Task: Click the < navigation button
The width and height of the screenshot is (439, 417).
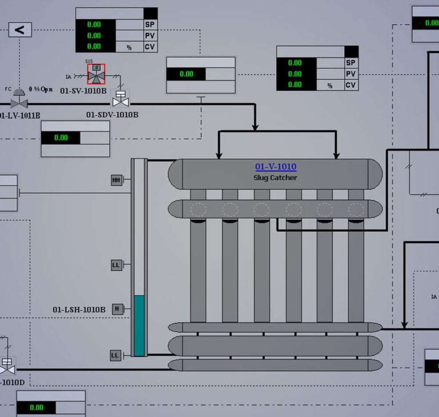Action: click(20, 30)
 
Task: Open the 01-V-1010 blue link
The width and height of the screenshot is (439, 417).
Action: click(276, 167)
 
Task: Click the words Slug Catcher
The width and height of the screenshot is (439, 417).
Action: click(276, 178)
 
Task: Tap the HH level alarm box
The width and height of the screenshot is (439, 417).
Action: click(117, 181)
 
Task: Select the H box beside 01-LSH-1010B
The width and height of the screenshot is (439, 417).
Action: click(117, 308)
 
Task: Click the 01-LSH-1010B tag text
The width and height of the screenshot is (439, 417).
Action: click(79, 310)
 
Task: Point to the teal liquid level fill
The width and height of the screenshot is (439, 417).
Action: click(139, 326)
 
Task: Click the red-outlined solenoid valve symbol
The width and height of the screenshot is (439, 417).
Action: click(96, 74)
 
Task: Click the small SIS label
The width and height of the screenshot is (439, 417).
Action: click(89, 61)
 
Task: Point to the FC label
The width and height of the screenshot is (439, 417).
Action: click(8, 89)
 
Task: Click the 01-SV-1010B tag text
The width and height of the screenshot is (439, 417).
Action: click(83, 90)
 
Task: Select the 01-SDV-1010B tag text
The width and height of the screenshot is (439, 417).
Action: click(112, 115)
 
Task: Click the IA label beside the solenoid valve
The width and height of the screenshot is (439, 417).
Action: click(69, 77)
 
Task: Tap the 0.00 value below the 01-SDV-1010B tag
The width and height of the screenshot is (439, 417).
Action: click(61, 138)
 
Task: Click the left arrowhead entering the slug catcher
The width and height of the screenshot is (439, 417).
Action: click(218, 155)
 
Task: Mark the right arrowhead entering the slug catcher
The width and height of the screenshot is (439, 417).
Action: click(337, 155)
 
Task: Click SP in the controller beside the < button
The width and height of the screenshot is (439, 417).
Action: click(150, 25)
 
